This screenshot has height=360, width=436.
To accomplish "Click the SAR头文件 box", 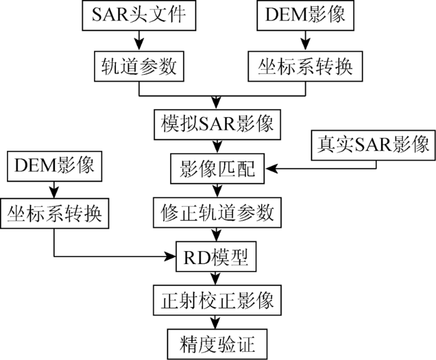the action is click(x=139, y=15).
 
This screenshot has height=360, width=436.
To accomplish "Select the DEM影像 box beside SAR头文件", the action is click(x=305, y=15).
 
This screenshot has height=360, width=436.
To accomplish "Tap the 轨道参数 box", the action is click(x=139, y=66).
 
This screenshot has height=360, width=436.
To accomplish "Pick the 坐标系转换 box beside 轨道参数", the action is click(x=305, y=66).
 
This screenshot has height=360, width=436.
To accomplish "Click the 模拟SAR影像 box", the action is click(x=217, y=125).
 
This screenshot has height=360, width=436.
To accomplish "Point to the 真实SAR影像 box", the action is click(x=373, y=145).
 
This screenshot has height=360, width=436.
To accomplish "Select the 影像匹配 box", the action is click(x=217, y=168).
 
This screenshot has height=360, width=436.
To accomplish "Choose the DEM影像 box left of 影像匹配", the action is click(x=55, y=166).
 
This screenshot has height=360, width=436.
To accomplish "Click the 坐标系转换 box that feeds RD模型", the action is click(x=55, y=214).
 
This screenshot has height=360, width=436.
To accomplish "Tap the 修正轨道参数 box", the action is click(x=217, y=212).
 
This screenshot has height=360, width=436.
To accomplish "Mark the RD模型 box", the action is click(x=216, y=257).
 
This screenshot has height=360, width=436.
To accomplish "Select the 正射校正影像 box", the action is click(x=217, y=300).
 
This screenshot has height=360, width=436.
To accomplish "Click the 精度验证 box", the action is click(x=217, y=344).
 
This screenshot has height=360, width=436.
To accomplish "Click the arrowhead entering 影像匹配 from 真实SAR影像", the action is click(x=271, y=168).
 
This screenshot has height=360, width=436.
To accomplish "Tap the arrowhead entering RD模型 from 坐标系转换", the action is click(x=170, y=257).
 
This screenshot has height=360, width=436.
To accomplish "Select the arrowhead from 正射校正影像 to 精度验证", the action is click(x=216, y=324).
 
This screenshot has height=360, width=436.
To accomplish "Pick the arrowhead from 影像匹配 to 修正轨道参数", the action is click(x=217, y=192).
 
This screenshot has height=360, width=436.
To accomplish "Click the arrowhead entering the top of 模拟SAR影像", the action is click(x=217, y=104).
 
